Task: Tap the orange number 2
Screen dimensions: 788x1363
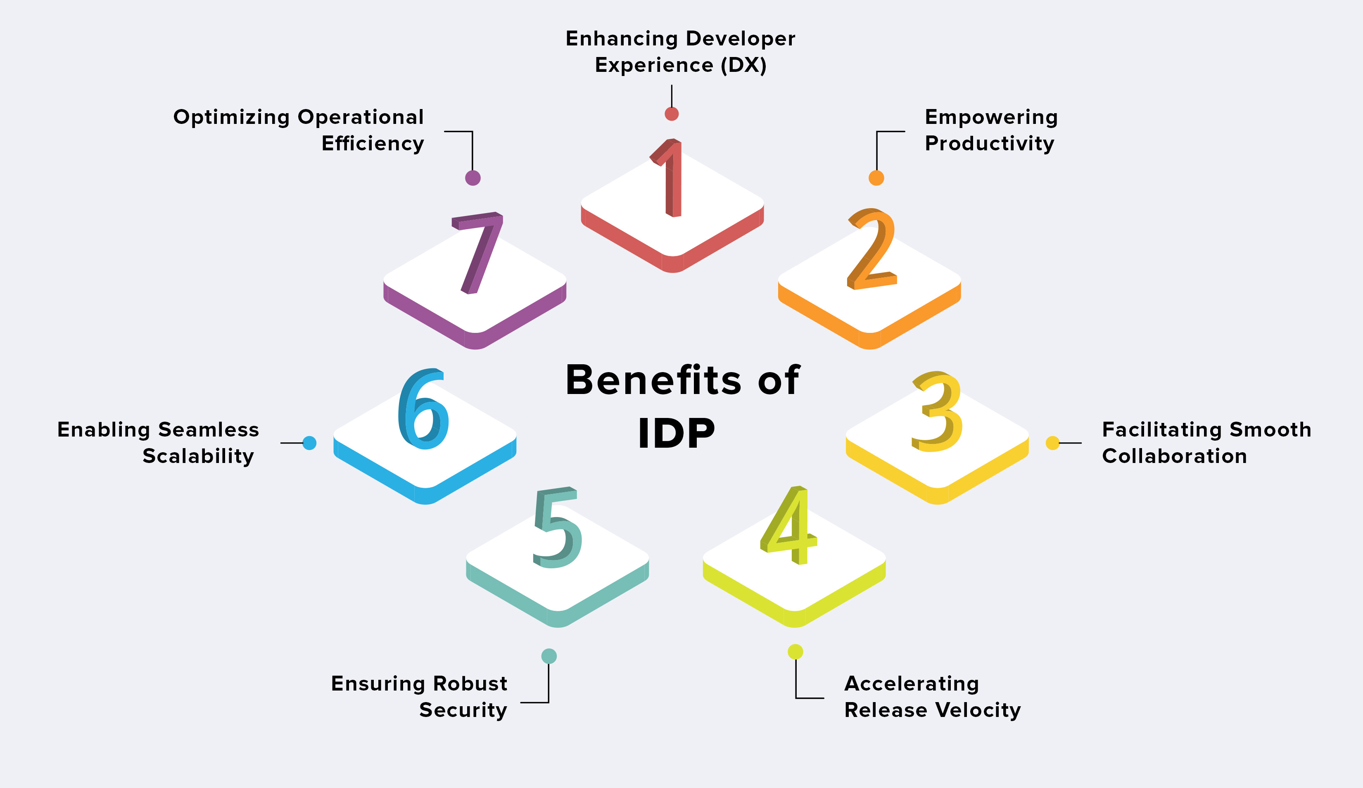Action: [x=872, y=250]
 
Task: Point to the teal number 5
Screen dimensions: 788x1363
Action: [x=557, y=529]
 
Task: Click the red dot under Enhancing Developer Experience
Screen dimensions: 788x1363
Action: [x=672, y=114]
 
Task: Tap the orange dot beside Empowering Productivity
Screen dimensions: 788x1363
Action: [x=876, y=178]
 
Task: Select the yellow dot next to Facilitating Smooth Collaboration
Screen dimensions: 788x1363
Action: [x=1052, y=443]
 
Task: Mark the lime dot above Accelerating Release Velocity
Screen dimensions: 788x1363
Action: [x=795, y=652]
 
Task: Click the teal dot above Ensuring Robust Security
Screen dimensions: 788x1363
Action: [x=549, y=656]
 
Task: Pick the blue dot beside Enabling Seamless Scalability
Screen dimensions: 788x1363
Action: [x=309, y=443]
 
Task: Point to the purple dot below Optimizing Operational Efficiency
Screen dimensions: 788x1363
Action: [x=473, y=178]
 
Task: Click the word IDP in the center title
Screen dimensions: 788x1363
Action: [x=676, y=433]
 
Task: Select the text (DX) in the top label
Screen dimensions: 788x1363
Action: [x=743, y=65]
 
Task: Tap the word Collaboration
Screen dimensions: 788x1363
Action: [x=1174, y=456]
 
